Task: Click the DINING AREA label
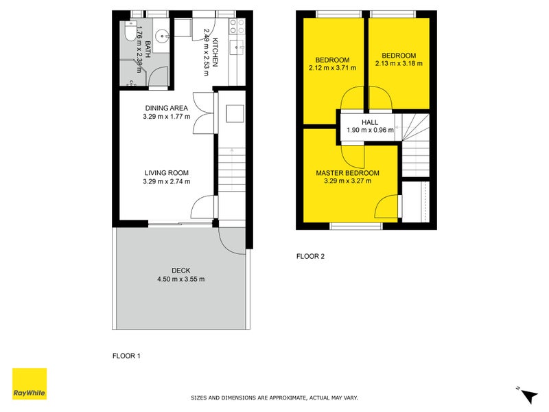(x=166, y=108)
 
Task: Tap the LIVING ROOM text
(x=166, y=172)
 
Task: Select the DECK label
(x=181, y=271)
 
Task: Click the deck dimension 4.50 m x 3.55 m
(x=181, y=279)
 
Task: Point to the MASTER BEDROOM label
(x=347, y=173)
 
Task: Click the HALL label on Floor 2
(x=370, y=122)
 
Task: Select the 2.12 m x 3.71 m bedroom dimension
(x=333, y=68)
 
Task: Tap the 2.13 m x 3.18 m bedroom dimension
(x=399, y=64)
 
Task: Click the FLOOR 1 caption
(x=126, y=356)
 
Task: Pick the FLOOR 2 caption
(x=309, y=257)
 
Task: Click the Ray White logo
(x=30, y=384)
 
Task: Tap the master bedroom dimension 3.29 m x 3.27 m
(x=347, y=181)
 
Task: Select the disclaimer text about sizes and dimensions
(x=274, y=398)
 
